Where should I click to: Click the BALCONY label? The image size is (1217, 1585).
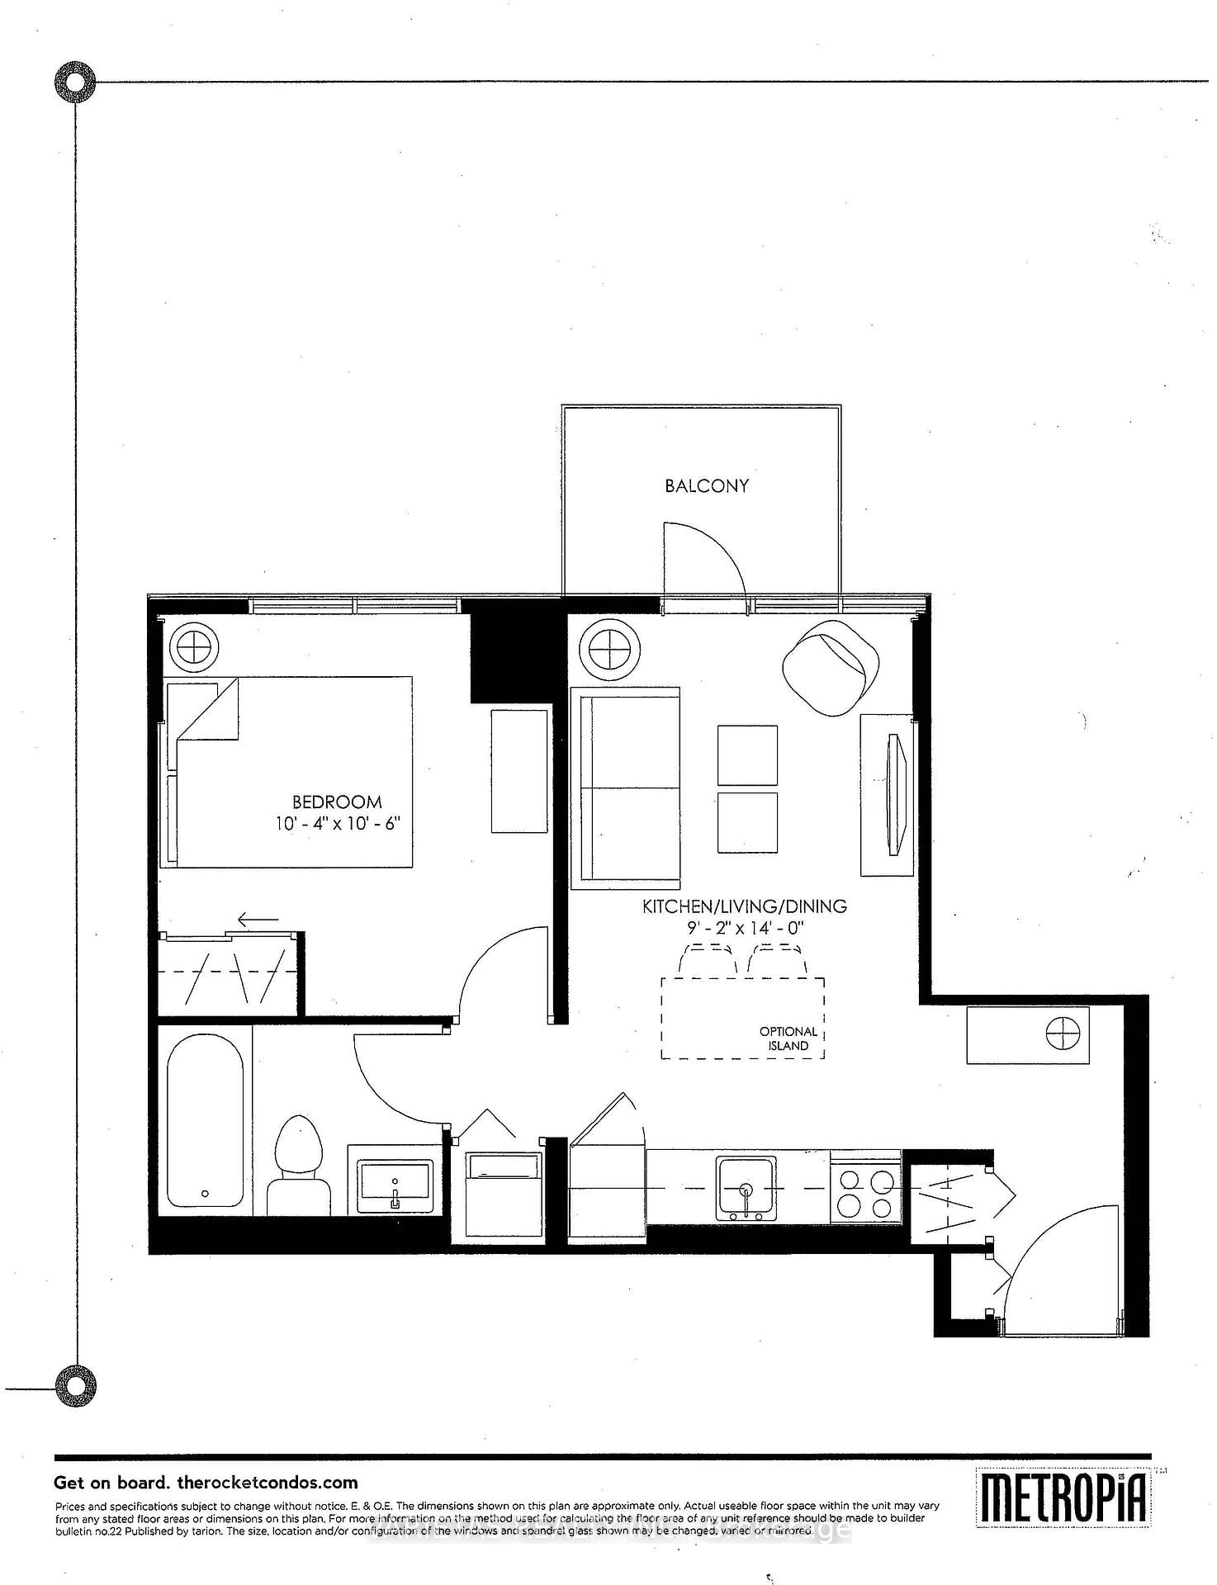707,486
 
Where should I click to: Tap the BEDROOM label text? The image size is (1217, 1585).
337,802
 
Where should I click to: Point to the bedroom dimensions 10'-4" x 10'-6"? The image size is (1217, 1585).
338,824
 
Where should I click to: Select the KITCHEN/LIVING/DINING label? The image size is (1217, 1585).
745,906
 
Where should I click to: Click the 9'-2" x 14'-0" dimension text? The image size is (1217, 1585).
745,928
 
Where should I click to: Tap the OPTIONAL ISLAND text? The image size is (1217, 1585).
788,1039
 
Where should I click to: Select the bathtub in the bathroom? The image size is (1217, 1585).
205,1122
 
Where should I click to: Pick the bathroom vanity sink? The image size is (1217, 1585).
395,1187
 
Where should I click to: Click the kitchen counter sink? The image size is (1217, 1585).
746,1189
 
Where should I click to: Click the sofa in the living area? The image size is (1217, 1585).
626,788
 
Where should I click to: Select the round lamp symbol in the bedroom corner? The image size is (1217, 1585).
193,646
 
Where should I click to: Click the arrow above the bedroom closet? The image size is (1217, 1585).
258,920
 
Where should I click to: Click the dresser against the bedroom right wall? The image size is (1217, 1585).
519,771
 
